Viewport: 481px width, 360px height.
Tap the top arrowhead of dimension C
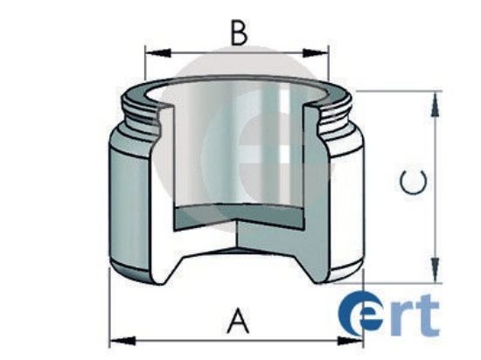coord(432,98)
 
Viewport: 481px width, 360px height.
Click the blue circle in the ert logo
coord(358,315)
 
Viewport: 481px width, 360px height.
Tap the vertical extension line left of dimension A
coord(109,306)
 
